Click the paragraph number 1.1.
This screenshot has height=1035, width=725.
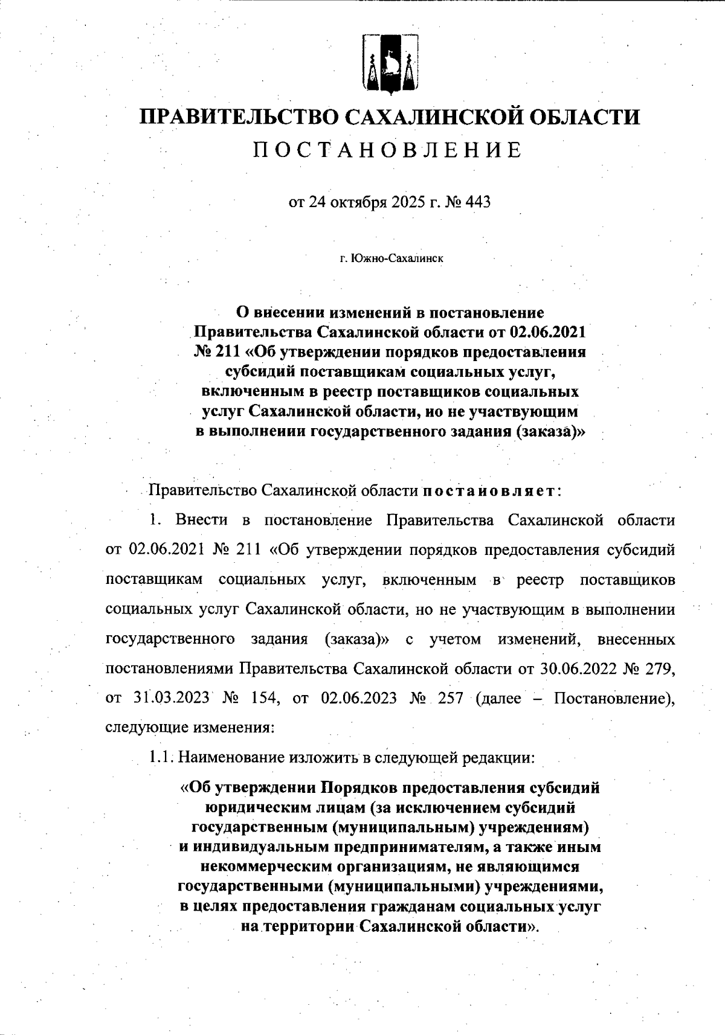point(162,757)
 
